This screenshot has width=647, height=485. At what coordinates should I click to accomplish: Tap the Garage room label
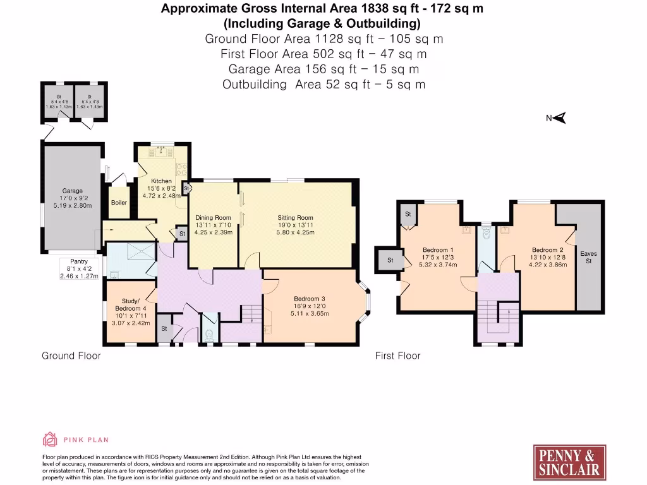point(72,191)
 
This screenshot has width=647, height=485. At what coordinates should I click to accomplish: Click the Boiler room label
point(119,203)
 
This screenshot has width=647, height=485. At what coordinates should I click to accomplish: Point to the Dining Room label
point(214,218)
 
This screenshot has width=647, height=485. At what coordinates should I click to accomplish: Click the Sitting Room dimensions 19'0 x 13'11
point(295,225)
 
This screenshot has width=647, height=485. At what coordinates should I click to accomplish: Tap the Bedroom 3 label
point(310,299)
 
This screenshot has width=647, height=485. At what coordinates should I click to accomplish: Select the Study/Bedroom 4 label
point(130,304)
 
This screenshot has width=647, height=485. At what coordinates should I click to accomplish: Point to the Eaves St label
point(588,257)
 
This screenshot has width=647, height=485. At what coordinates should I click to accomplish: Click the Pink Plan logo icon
point(49,439)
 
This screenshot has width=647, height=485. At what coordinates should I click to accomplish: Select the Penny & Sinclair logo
point(569,462)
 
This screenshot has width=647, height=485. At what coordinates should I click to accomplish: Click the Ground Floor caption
point(71,356)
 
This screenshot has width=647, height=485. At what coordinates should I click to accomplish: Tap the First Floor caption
point(397,356)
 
